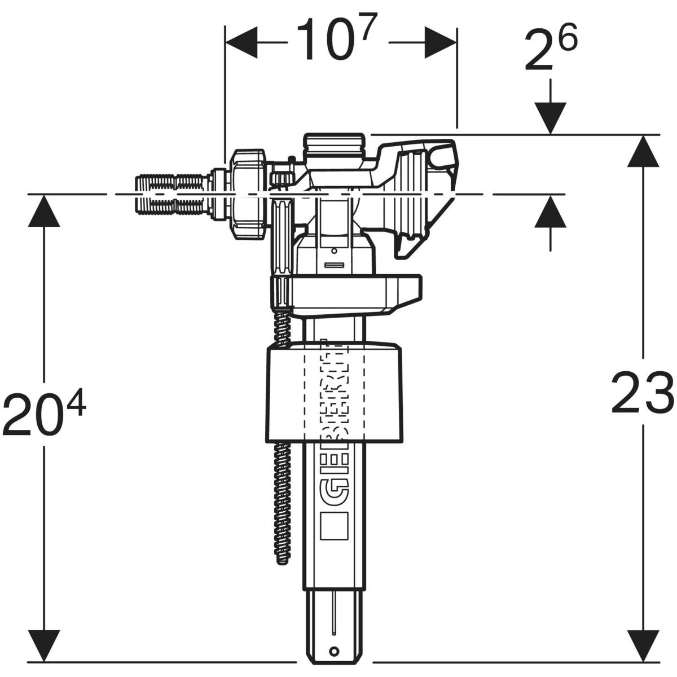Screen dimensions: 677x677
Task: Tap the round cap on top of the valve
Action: pyautogui.click(x=335, y=148)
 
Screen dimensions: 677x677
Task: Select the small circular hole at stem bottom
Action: pyautogui.click(x=335, y=649)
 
